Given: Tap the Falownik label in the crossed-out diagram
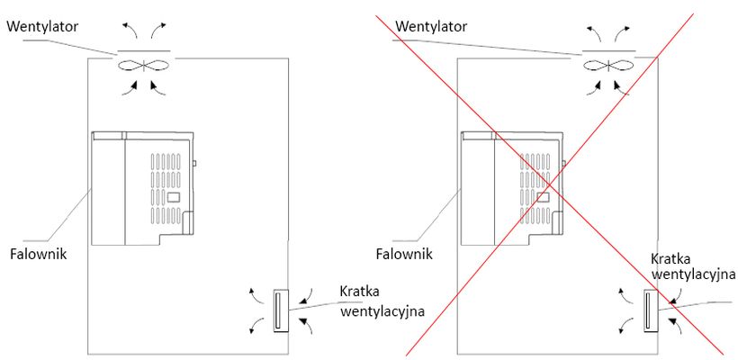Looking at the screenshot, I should pyautogui.click(x=403, y=254).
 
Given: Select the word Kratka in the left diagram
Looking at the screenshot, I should pyautogui.click(x=361, y=292).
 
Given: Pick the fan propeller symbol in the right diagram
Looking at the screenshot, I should pyautogui.click(x=609, y=66).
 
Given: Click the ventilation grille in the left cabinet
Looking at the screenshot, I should pyautogui.click(x=279, y=310).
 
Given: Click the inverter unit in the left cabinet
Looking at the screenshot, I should pyautogui.click(x=142, y=188).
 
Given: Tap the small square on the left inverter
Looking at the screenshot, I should pyautogui.click(x=174, y=196).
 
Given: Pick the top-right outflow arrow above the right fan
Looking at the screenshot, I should pyautogui.click(x=622, y=31).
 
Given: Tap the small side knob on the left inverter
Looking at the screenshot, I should pyautogui.click(x=194, y=164).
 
